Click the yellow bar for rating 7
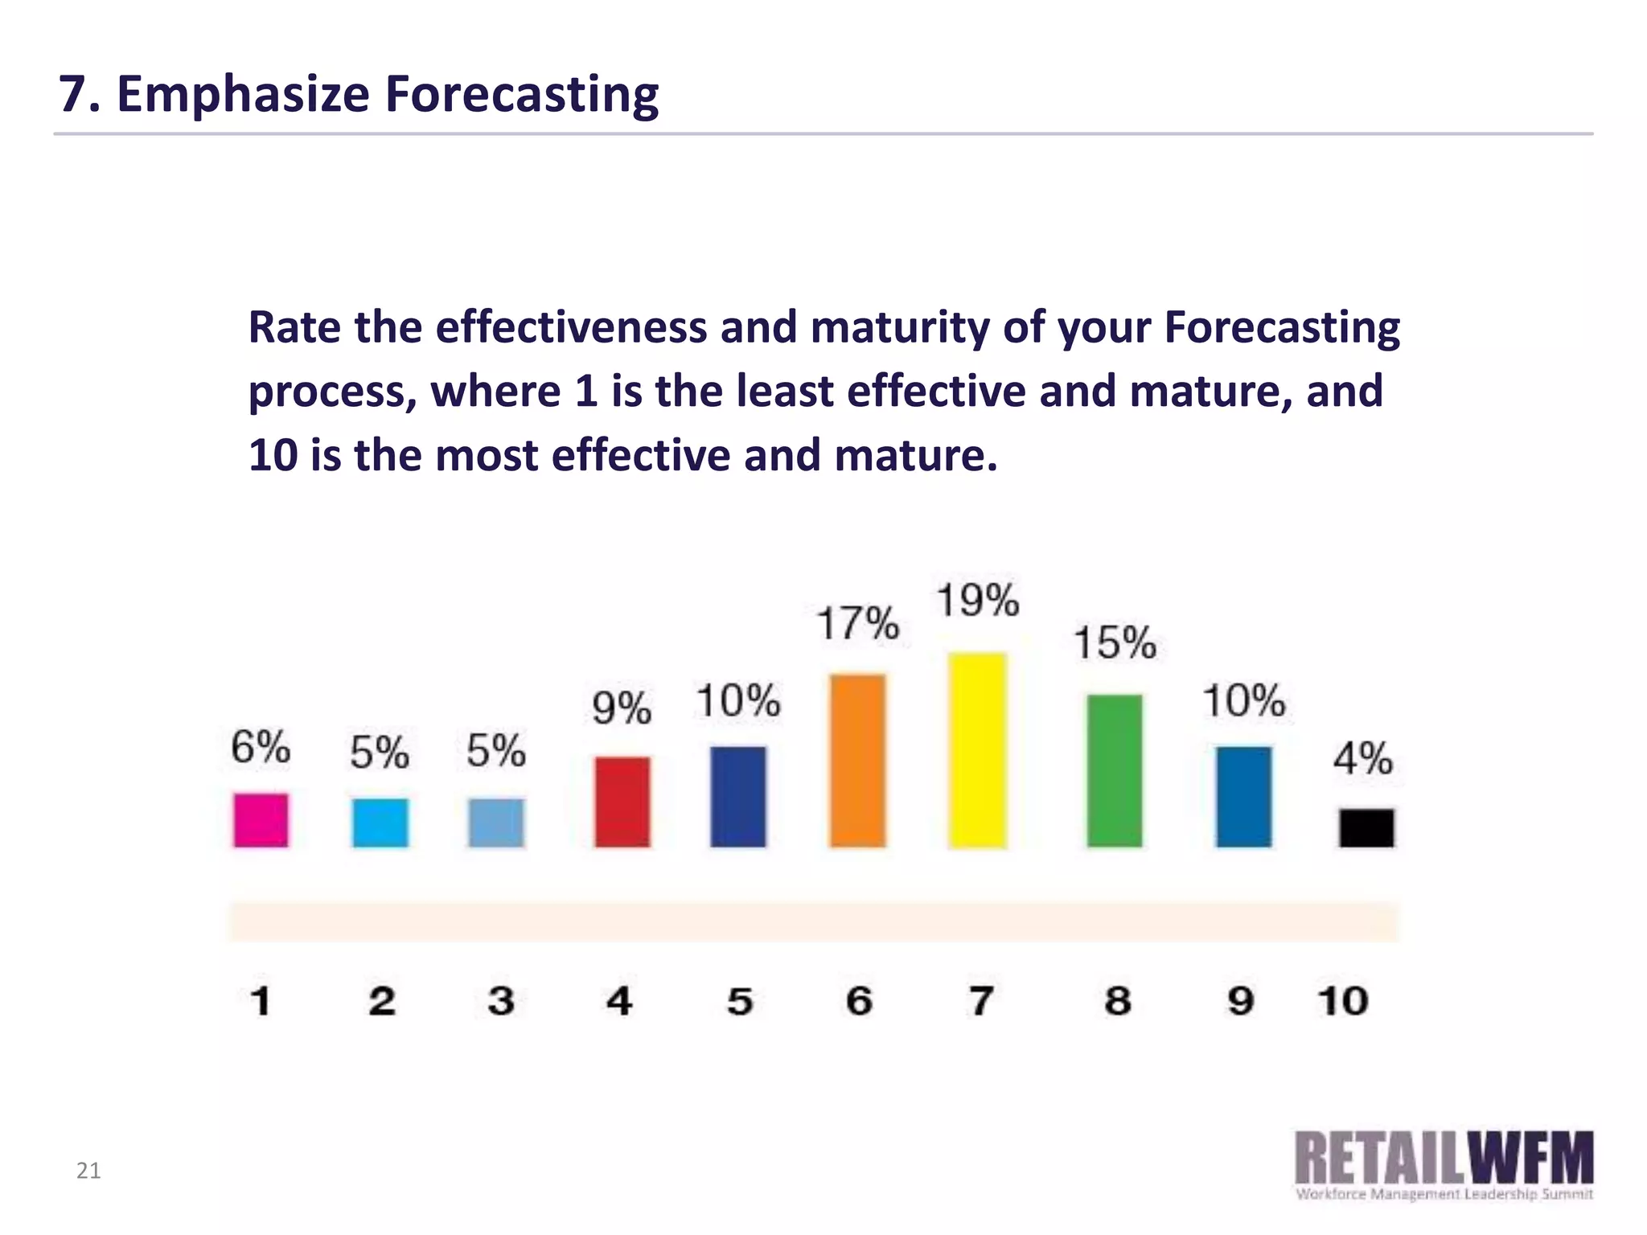coord(977,750)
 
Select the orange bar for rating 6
coord(857,760)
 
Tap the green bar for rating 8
coord(1115,770)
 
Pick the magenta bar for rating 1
coord(261,819)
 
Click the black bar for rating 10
coord(1366,827)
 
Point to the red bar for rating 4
coord(622,801)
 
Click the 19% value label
coord(977,601)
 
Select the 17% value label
coord(857,623)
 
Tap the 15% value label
coord(1115,643)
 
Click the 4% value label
coord(1362,758)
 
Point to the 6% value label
coord(261,747)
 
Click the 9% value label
coord(622,708)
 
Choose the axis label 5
coord(740,1001)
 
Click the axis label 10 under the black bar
coord(1342,1001)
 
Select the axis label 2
coord(382,1001)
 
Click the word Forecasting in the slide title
coord(521,95)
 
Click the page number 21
coord(88,1171)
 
